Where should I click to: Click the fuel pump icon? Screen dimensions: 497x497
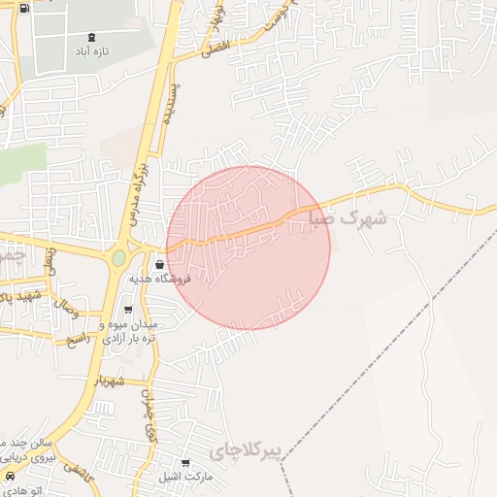click(x=24, y=9)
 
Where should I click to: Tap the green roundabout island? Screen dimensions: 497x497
click(x=118, y=258)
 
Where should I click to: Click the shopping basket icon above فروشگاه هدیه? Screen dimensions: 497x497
click(x=159, y=263)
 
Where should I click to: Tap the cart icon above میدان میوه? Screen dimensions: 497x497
click(x=128, y=311)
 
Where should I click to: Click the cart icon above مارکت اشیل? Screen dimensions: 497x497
click(x=186, y=463)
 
